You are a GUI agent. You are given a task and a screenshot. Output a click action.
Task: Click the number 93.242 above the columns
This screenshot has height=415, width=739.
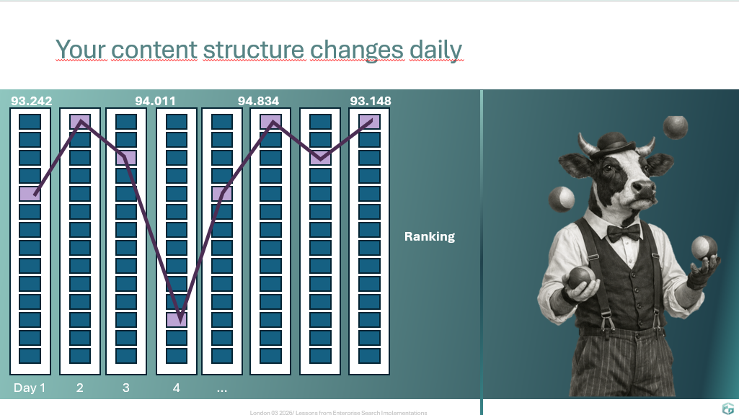click(32, 101)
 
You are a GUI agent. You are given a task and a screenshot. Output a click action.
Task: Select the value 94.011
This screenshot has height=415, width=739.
click(155, 101)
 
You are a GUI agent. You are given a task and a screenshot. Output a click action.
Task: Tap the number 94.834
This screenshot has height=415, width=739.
click(258, 101)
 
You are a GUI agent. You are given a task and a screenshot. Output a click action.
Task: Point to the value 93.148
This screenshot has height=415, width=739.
click(371, 101)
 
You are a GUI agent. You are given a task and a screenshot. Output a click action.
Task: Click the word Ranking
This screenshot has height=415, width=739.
click(430, 236)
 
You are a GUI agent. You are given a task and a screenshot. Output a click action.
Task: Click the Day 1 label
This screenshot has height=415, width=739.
click(30, 388)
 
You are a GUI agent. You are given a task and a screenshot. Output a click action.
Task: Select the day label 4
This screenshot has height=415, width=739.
click(176, 388)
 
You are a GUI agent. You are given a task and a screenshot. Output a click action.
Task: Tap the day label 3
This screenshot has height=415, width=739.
click(126, 388)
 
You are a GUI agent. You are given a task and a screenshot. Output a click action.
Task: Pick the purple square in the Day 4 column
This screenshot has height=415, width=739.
click(177, 320)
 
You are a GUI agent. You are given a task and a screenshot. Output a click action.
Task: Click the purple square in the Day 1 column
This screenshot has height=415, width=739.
click(30, 194)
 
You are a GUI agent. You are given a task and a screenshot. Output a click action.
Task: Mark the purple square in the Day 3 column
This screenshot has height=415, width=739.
click(126, 158)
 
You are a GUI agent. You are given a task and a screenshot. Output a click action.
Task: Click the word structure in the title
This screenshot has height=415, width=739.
click(254, 50)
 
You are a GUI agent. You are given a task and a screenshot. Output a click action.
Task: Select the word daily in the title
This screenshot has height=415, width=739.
click(436, 50)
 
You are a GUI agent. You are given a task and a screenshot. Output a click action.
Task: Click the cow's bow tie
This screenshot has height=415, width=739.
click(624, 232)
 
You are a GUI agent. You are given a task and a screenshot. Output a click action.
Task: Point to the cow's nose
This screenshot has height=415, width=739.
click(644, 187)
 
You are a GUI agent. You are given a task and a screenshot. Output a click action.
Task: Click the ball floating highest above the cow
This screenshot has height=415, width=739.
click(676, 128)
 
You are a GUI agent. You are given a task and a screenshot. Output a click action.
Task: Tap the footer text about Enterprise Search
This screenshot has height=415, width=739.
click(338, 412)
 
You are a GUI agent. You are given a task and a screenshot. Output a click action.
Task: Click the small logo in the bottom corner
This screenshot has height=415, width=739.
click(727, 409)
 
